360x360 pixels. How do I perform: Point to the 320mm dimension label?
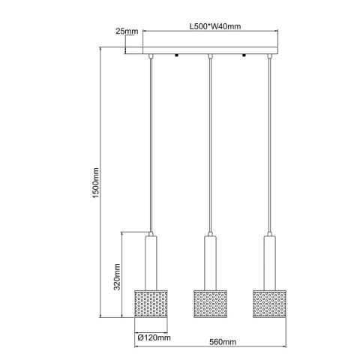pyautogui.click(x=116, y=275)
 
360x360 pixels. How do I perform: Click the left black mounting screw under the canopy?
pyautogui.click(x=175, y=58)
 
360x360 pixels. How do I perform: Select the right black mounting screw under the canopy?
pyautogui.click(x=244, y=58)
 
